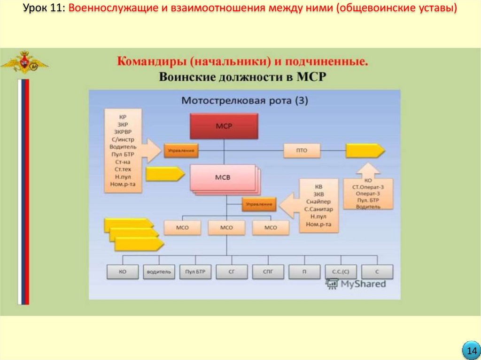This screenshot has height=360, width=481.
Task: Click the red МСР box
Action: tap(224, 126)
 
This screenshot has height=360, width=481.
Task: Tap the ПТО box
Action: tap(302, 151)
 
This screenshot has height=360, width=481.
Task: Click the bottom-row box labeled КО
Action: tap(123, 272)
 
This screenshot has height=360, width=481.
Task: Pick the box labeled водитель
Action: tap(159, 272)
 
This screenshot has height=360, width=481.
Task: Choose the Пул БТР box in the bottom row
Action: tap(195, 272)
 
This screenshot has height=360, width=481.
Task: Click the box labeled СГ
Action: tap(232, 272)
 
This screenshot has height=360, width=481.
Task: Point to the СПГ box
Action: tap(268, 272)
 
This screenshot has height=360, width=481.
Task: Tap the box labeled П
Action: tap(304, 272)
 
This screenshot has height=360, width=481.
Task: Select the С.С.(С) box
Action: tap(341, 272)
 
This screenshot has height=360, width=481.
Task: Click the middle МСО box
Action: tap(227, 228)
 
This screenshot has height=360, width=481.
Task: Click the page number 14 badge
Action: tap(470, 351)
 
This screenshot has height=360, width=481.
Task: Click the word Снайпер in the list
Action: tap(318, 201)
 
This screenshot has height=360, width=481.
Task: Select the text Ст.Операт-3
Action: tap(368, 186)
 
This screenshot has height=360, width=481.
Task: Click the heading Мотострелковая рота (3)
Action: tap(244, 100)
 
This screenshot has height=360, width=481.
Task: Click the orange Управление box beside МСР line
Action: tap(181, 151)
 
